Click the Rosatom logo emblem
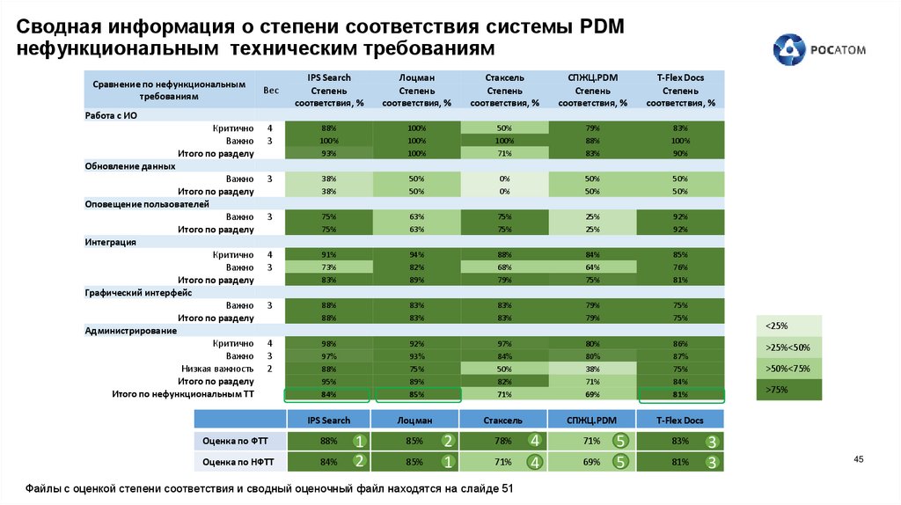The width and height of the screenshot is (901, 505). coord(788,50)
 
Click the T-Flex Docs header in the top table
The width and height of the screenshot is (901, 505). coord(680,77)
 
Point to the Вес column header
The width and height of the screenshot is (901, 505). coord(271,91)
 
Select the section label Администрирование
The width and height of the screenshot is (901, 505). coord(131,331)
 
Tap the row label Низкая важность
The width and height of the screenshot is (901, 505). coord(217,369)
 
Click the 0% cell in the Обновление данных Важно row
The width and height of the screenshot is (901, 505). coord(504,179)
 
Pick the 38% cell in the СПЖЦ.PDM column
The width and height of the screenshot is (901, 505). coord(592,369)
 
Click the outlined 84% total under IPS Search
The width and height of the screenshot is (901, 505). coord(329,395)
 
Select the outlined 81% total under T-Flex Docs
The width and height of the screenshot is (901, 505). coord(680,395)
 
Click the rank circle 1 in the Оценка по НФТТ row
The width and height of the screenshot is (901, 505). coord(448,460)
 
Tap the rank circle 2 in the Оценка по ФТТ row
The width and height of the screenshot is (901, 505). coord(448,440)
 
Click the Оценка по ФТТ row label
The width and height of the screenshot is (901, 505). coord(235,440)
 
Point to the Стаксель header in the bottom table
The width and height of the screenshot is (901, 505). coord(504,421)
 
